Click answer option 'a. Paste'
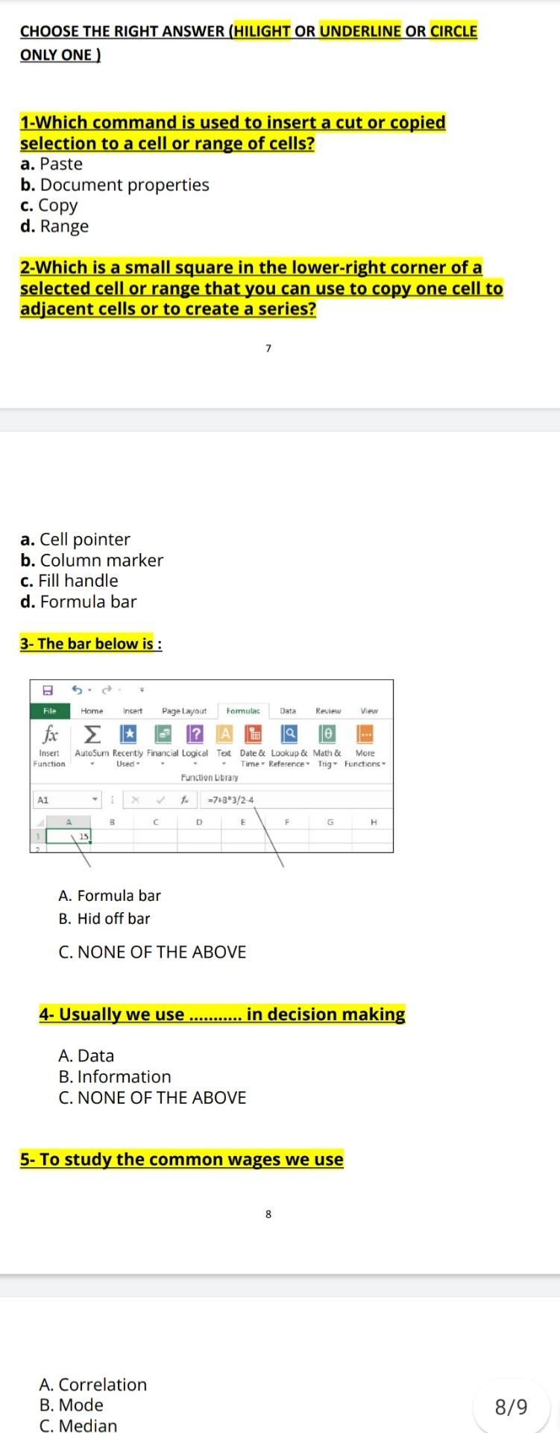click(x=51, y=164)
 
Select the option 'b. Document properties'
click(x=115, y=185)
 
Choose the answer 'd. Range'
click(x=54, y=226)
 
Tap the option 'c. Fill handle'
click(x=69, y=581)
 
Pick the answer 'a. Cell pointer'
click(x=75, y=540)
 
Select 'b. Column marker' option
click(x=92, y=561)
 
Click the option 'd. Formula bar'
click(x=78, y=602)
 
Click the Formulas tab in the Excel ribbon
click(x=243, y=711)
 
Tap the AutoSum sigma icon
click(x=91, y=734)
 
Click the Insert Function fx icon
click(x=50, y=734)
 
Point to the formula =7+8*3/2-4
click(x=231, y=800)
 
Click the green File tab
click(x=50, y=711)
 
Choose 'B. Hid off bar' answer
click(x=104, y=919)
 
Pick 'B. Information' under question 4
click(x=115, y=1076)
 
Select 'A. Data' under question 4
click(x=86, y=1055)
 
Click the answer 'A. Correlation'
click(x=93, y=1384)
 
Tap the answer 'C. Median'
click(x=78, y=1426)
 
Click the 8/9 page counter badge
click(x=511, y=1407)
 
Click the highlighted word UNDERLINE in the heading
click(x=361, y=31)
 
